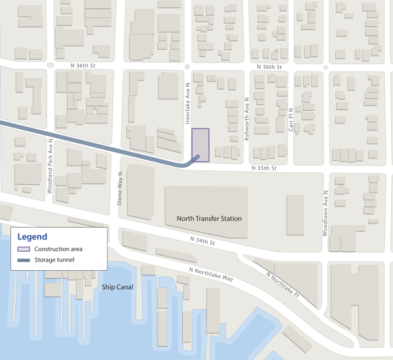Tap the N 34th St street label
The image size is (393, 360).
(x=202, y=242)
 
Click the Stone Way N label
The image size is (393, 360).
(x=120, y=189)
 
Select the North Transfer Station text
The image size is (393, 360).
(x=209, y=219)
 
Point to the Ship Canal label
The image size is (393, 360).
(x=117, y=287)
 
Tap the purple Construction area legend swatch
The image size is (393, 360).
(x=24, y=249)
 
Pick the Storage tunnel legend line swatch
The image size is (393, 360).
(x=24, y=260)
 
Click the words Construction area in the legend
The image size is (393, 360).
(x=58, y=249)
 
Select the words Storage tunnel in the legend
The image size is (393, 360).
(x=54, y=260)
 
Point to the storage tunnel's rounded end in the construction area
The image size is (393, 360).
(x=196, y=156)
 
